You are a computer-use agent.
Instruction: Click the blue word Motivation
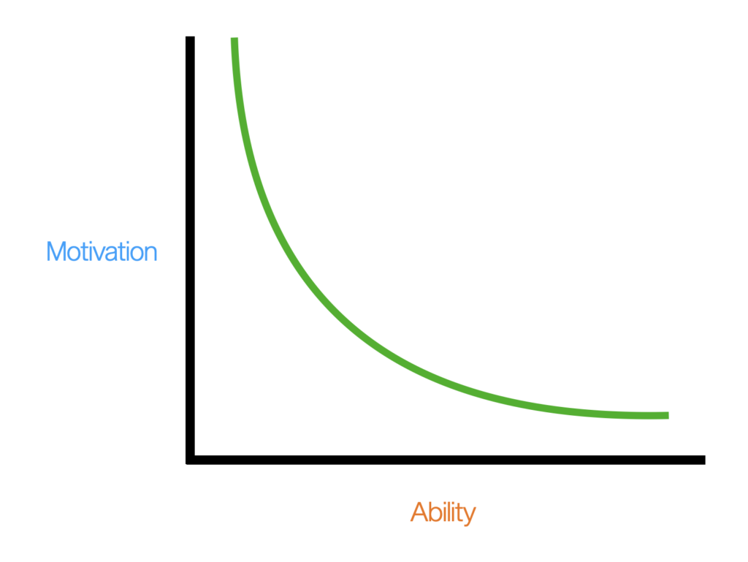pos(102,251)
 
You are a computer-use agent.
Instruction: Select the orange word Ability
pos(443,512)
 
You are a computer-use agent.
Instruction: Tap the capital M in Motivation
pos(56,251)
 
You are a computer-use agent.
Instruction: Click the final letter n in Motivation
pos(150,253)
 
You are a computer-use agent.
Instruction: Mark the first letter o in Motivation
pos(74,253)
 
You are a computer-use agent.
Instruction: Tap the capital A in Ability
pos(419,512)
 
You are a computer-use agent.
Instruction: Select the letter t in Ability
pos(459,512)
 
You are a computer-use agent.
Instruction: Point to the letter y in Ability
pos(469,515)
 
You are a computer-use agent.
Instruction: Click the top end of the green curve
pos(234,40)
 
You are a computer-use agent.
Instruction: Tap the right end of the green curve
pos(665,415)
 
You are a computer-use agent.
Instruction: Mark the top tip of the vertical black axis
pos(190,39)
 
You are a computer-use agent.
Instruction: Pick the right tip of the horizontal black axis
pos(702,460)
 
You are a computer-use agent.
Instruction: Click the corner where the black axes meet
pos(191,460)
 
